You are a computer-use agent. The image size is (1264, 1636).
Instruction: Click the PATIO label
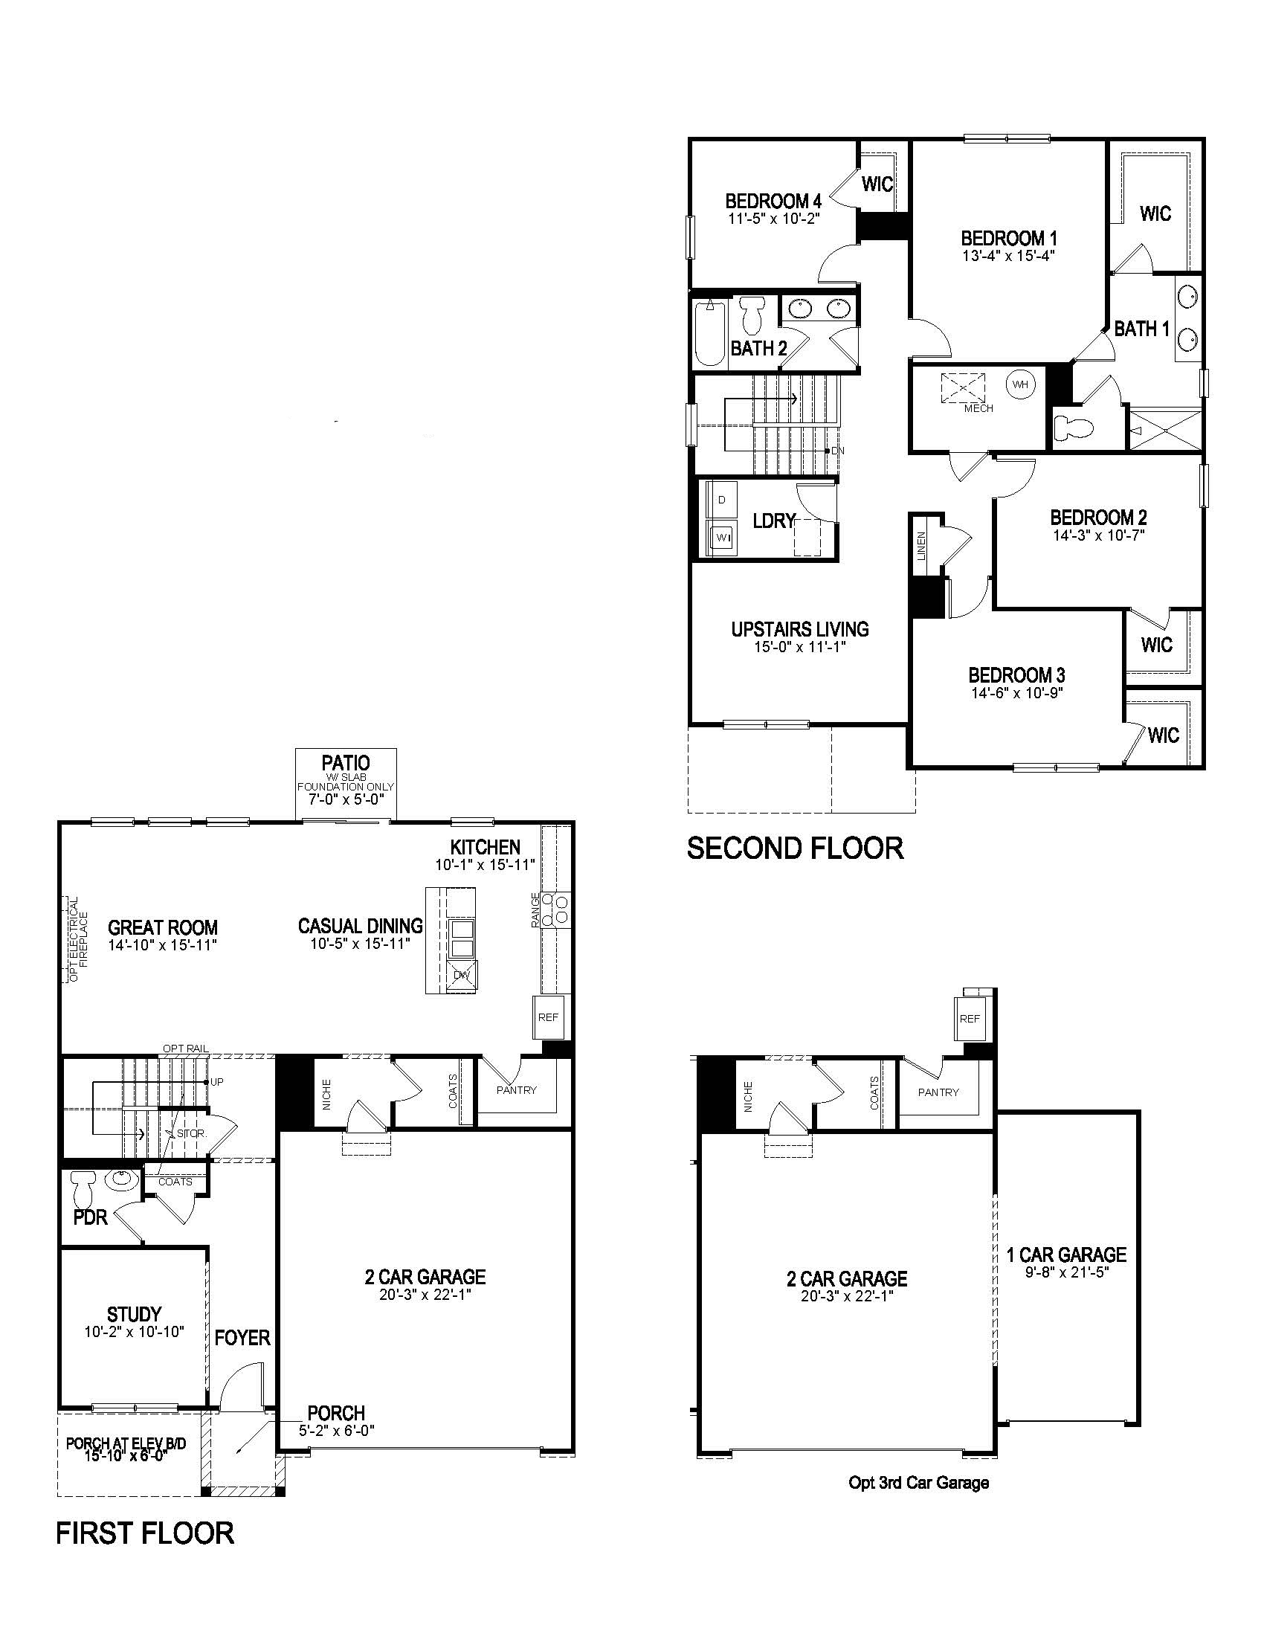coord(345,762)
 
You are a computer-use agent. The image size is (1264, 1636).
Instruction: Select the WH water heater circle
coord(1020,385)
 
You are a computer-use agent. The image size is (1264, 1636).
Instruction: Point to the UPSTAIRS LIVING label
coord(800,629)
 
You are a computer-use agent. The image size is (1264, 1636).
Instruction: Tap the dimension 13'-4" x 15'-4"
coord(1009,255)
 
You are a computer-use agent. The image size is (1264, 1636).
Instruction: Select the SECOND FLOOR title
coord(796,848)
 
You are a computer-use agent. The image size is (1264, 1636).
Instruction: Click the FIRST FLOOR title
coord(145,1533)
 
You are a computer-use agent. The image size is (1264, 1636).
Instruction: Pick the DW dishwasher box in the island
coord(461,975)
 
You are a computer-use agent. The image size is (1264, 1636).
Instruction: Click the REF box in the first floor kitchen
coord(548,1017)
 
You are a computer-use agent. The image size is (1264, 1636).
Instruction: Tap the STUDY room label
coord(134,1314)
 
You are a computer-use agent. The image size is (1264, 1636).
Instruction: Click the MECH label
coord(978,408)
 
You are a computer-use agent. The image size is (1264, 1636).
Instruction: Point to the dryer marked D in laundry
coord(721,500)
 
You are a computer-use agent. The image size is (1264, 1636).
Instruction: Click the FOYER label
coord(242,1338)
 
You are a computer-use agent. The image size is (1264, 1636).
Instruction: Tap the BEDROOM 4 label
coord(773,201)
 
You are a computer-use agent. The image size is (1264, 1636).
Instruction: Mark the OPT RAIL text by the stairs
coord(185,1049)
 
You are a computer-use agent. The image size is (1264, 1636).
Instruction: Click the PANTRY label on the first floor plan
coord(516,1090)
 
